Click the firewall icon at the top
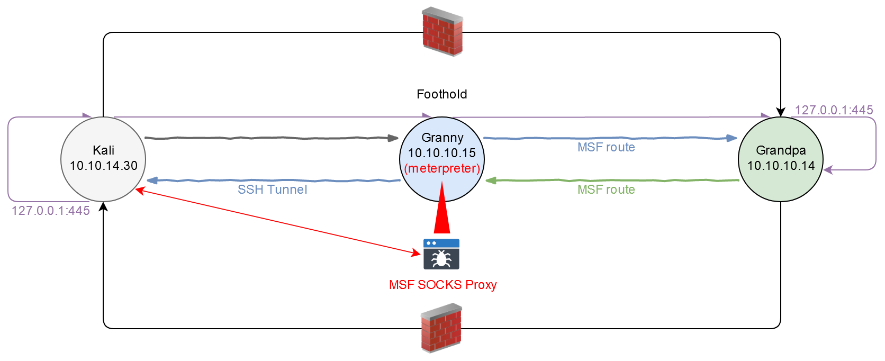(x=442, y=32)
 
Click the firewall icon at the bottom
(x=441, y=328)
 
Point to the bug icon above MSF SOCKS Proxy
(x=441, y=255)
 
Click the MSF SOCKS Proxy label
(x=442, y=285)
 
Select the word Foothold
(x=442, y=94)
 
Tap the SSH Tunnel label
(x=272, y=189)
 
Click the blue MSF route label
(x=606, y=147)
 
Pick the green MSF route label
(x=606, y=189)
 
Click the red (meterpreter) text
(x=442, y=168)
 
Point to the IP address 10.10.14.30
(x=104, y=166)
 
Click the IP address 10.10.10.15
(x=442, y=153)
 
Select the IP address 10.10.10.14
(x=781, y=166)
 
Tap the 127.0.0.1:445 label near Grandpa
(x=834, y=110)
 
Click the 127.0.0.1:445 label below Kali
(x=51, y=211)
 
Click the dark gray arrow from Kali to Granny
(x=270, y=138)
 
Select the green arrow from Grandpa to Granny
(x=611, y=180)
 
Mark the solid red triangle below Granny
(x=442, y=217)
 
